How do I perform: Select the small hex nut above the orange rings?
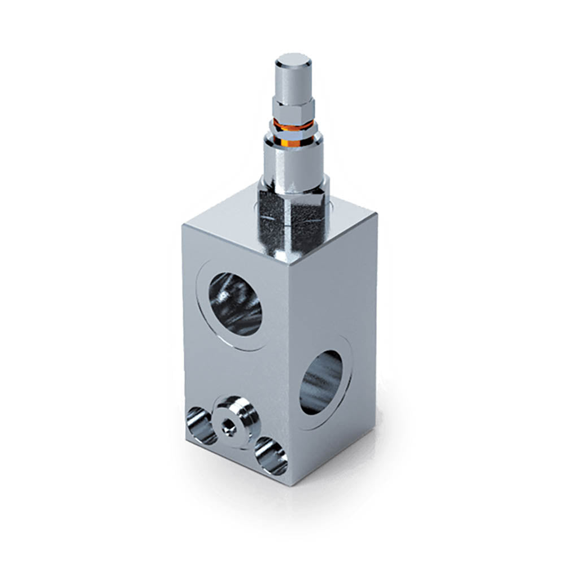tap(293, 107)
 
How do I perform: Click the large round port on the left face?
tap(235, 303)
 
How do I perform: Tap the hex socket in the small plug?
tap(229, 429)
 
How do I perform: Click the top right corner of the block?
tap(375, 215)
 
